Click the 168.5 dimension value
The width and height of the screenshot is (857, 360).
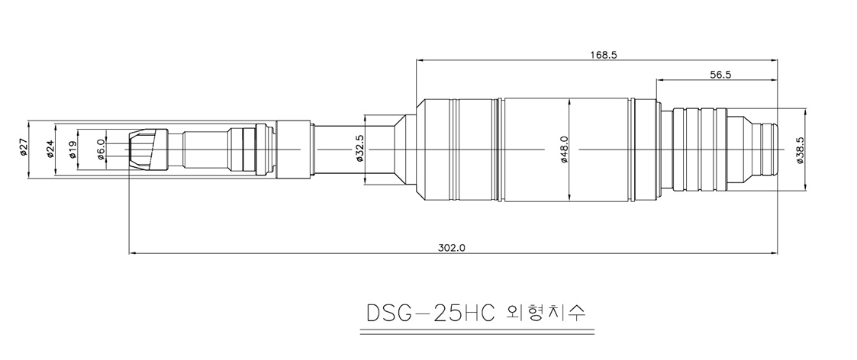(604, 55)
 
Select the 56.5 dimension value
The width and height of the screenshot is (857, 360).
(720, 76)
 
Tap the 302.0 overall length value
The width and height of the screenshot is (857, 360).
(452, 247)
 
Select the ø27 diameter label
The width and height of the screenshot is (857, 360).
(23, 147)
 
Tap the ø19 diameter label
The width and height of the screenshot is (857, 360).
(72, 149)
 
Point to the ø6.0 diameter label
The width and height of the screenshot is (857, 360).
(100, 149)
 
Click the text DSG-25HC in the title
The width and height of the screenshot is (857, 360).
(430, 313)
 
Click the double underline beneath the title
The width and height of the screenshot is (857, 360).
(477, 332)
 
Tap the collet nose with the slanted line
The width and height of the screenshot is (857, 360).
(148, 149)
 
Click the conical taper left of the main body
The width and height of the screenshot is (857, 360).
(405, 149)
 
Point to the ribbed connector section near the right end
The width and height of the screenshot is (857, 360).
(700, 149)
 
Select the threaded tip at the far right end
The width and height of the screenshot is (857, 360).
(768, 149)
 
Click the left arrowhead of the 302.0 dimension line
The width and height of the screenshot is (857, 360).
(133, 253)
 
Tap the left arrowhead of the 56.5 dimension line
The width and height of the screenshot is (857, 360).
(660, 81)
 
